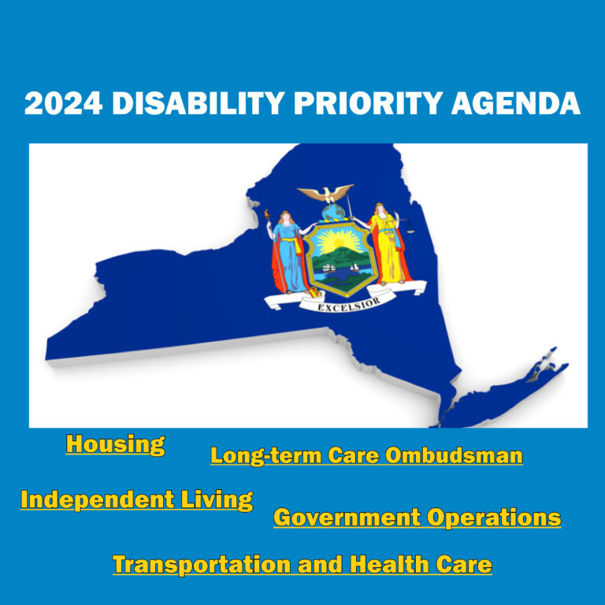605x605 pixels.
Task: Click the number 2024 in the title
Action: pos(64,103)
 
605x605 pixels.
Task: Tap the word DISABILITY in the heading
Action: pos(199,103)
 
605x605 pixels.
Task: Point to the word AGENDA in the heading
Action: pos(516,103)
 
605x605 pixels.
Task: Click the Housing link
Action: pos(115,444)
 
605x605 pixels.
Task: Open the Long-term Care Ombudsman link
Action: pos(366,455)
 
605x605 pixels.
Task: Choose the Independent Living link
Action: pos(136,500)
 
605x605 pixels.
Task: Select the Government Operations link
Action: pos(417,518)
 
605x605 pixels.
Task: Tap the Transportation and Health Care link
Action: pos(302,565)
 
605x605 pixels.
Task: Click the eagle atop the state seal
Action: pos(326,194)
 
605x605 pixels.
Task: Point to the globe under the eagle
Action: pos(333,212)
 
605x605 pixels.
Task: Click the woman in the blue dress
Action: pos(288,253)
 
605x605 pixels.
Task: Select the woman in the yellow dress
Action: pos(388,244)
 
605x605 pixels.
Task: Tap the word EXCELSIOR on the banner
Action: pos(349,305)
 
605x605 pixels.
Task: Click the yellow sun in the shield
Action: pos(338,243)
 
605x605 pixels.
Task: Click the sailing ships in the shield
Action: pos(340,268)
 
